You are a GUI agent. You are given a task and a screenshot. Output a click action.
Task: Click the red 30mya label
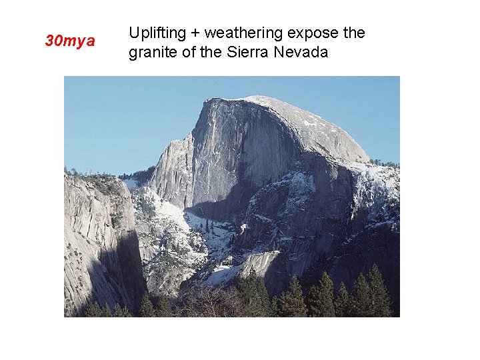70,41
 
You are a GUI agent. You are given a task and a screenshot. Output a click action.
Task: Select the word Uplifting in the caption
153,33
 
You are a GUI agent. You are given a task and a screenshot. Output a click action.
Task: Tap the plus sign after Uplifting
191,33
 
